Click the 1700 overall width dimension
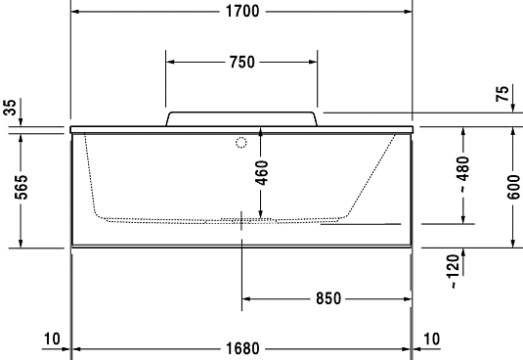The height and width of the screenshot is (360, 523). coord(240,12)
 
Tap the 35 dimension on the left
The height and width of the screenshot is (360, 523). coord(11,109)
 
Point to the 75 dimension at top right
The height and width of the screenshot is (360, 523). coord(501,95)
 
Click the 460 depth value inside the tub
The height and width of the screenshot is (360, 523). coord(260,172)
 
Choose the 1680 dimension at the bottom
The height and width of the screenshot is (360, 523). coord(240,348)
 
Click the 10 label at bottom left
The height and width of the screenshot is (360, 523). coord(52,339)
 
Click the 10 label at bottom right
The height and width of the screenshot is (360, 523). coord(430,339)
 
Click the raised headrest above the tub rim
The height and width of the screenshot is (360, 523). coord(241,118)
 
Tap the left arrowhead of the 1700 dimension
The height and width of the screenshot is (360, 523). coord(74,12)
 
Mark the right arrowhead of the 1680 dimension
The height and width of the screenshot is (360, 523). coord(407,348)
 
